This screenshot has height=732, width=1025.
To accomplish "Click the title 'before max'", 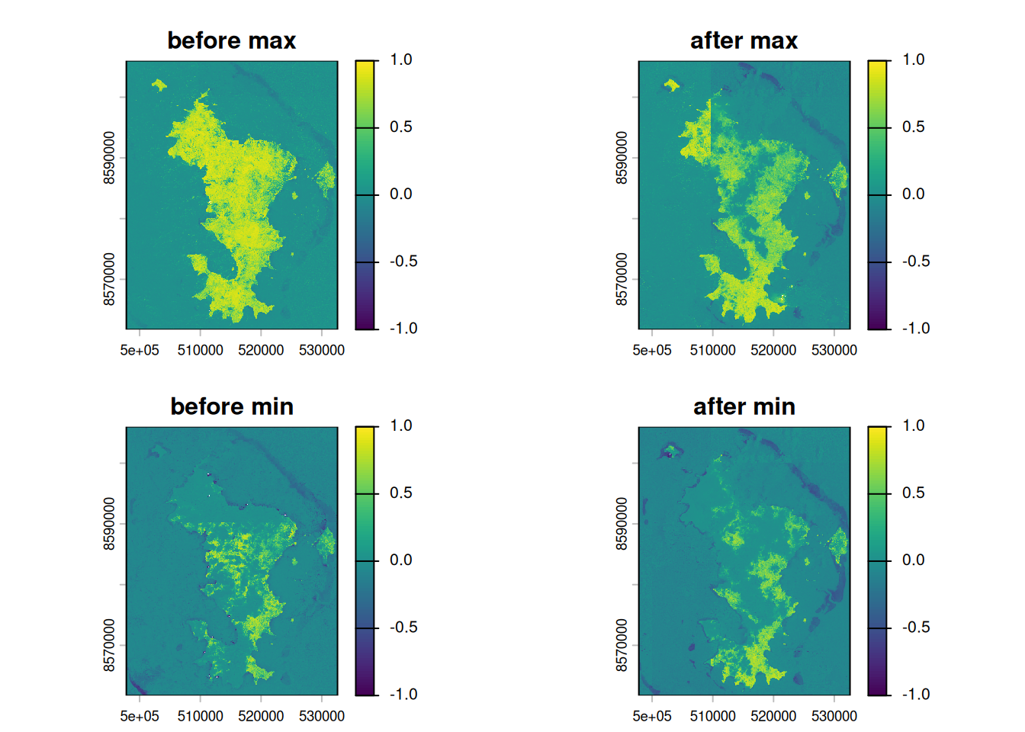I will (x=231, y=40).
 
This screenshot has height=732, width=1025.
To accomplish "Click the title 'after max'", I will (x=744, y=40).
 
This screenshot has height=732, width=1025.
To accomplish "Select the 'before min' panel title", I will (x=232, y=406).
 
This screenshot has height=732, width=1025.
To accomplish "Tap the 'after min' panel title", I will (x=744, y=406).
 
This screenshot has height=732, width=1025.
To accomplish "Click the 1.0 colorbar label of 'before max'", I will (x=400, y=59).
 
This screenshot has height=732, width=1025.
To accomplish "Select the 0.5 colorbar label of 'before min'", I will (x=400, y=493).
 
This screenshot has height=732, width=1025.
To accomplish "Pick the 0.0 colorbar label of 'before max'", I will (x=400, y=194).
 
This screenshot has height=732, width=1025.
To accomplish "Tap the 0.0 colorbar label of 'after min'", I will (x=913, y=560).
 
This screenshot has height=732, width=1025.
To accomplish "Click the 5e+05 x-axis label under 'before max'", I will (x=140, y=350).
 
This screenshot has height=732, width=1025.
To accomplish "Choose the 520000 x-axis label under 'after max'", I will (x=773, y=350).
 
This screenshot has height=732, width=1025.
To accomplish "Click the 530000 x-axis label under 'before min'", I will (x=322, y=716).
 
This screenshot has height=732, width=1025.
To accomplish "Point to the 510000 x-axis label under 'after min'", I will (x=713, y=716).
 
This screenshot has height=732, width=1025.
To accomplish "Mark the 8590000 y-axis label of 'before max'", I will (x=109, y=158).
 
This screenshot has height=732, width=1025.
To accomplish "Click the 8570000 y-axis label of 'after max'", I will (x=622, y=279).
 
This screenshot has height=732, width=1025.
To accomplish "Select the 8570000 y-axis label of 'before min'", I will (x=109, y=645).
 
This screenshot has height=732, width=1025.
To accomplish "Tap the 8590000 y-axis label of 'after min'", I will (x=622, y=524).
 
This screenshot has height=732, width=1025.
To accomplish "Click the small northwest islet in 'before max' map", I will (x=159, y=85).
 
